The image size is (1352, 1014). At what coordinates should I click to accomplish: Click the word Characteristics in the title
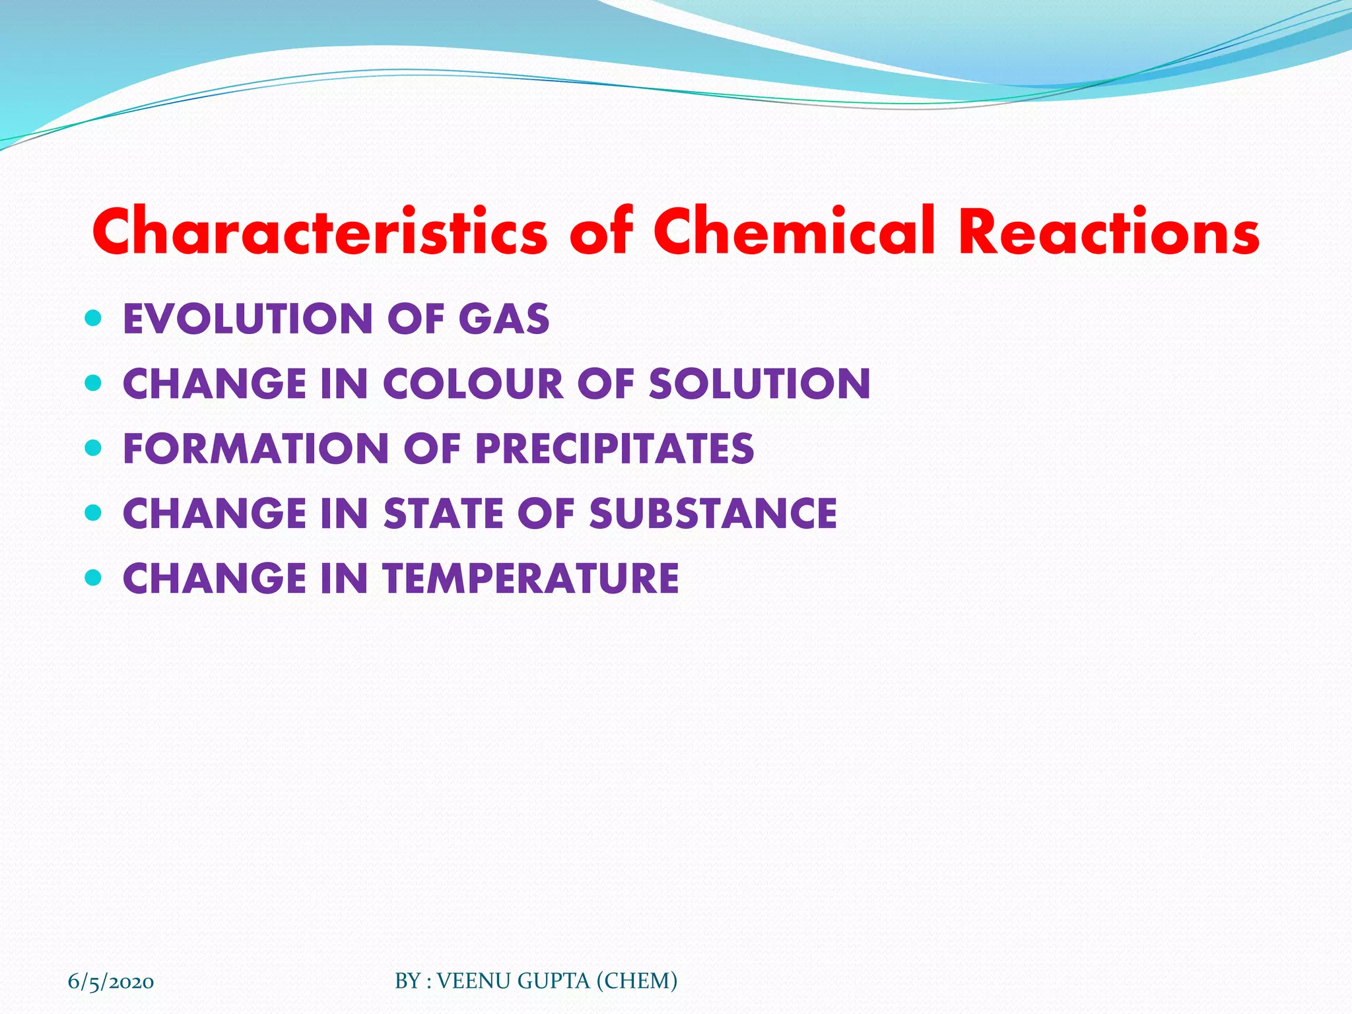(320, 232)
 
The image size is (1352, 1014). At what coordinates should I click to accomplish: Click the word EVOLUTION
(248, 319)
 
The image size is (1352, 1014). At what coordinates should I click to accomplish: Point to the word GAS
(504, 319)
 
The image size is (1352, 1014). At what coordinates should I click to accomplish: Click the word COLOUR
(473, 384)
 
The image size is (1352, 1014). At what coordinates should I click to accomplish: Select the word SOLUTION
(760, 384)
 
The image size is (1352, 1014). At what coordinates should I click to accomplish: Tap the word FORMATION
(256, 449)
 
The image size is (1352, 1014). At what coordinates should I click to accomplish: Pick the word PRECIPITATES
(615, 449)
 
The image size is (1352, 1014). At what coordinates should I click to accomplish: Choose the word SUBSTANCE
(713, 514)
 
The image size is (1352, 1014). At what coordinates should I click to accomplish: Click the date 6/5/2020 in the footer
(111, 982)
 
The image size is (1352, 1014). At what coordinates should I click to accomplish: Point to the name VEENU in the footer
(475, 981)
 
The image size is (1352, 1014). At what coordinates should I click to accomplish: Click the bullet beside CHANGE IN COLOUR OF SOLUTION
(94, 384)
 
